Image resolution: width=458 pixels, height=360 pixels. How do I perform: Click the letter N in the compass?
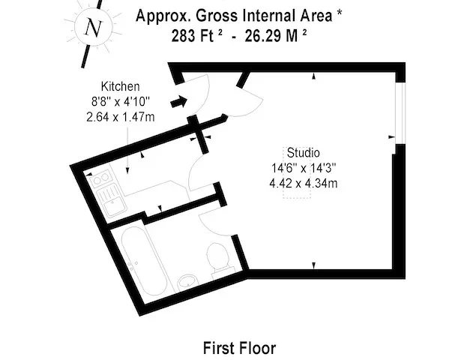click(93, 28)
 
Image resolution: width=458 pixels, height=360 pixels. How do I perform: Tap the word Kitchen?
click(121, 86)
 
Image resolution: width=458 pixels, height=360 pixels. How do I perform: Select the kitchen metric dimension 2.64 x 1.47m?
click(121, 117)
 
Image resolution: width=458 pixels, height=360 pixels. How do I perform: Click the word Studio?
click(303, 153)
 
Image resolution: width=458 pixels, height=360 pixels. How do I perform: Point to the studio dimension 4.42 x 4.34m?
click(303, 184)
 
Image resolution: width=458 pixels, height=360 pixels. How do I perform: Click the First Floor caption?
click(239, 348)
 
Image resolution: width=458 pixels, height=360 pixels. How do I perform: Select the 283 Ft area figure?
click(196, 36)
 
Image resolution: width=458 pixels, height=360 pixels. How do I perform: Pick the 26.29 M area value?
click(276, 36)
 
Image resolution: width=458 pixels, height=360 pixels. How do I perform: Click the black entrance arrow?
click(178, 101)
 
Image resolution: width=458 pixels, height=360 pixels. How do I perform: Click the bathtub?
click(143, 261)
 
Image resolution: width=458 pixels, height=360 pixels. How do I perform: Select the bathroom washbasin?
click(187, 282)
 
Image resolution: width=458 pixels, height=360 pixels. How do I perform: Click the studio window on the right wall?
click(400, 112)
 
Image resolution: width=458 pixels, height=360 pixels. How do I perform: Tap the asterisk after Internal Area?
click(339, 14)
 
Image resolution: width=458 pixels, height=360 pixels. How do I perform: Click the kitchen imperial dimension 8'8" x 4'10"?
click(121, 102)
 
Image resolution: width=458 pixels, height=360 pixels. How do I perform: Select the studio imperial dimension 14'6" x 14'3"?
click(304, 168)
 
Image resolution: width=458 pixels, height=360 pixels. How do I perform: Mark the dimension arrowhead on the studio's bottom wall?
click(314, 265)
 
